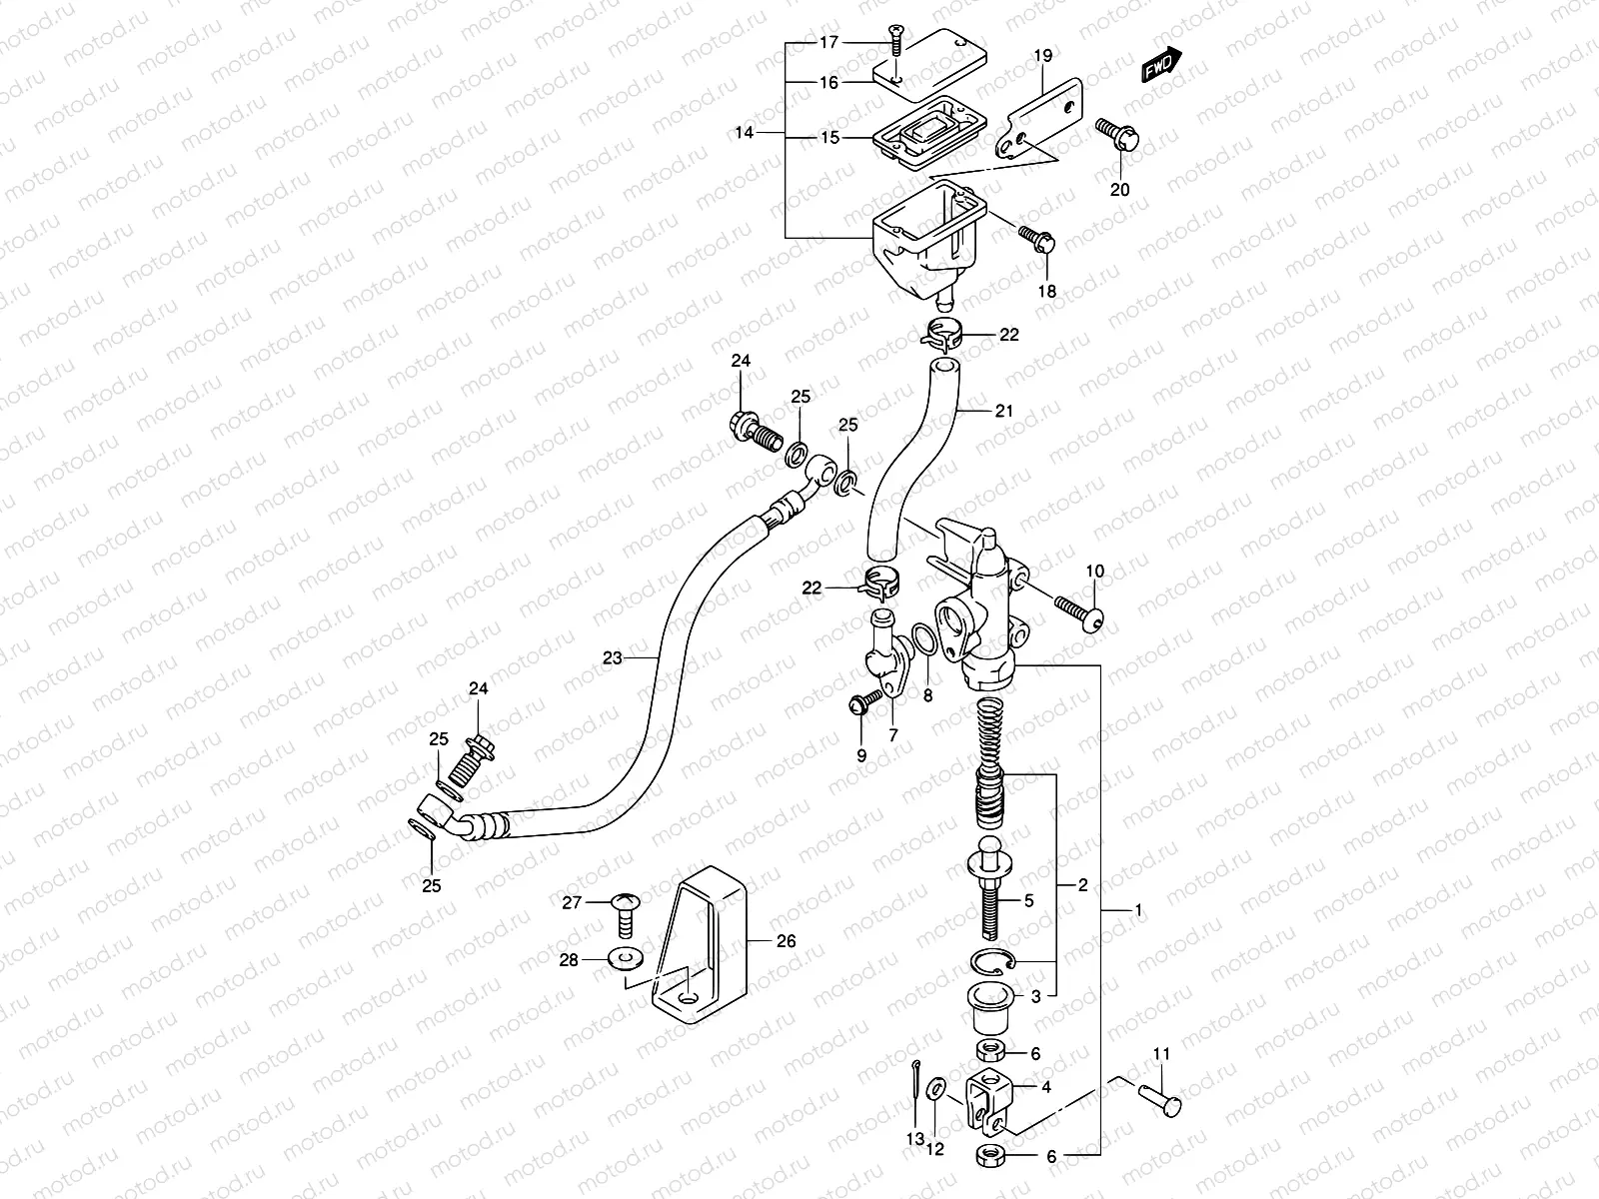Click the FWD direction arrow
pos(1161,65)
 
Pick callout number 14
pos(744,132)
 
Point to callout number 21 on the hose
pos(1004,411)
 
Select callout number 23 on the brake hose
pos(612,658)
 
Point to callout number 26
pos(786,941)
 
